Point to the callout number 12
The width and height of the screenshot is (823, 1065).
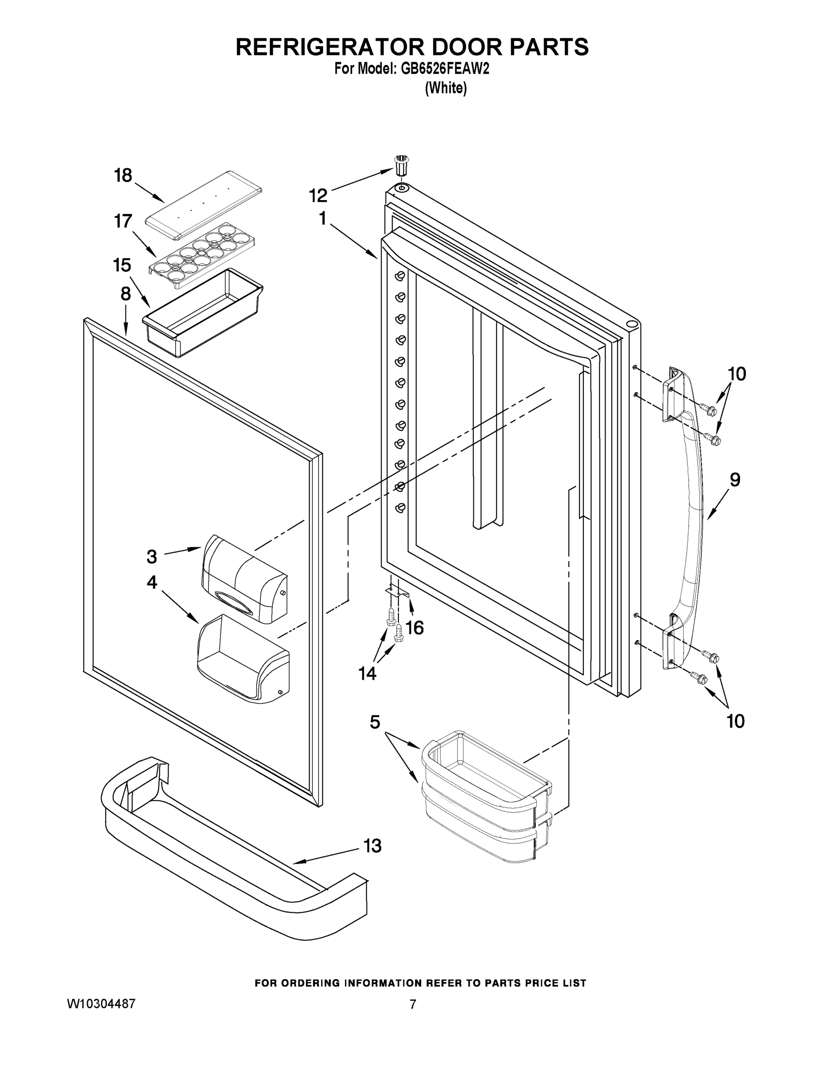pos(318,196)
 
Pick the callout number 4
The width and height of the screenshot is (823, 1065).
pos(152,582)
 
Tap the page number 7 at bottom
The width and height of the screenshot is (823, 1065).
pos(413,1004)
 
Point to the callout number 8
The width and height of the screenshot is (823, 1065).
pos(125,294)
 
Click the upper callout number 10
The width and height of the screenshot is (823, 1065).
pos(736,374)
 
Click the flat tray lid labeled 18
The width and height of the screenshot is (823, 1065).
pos(204,205)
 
